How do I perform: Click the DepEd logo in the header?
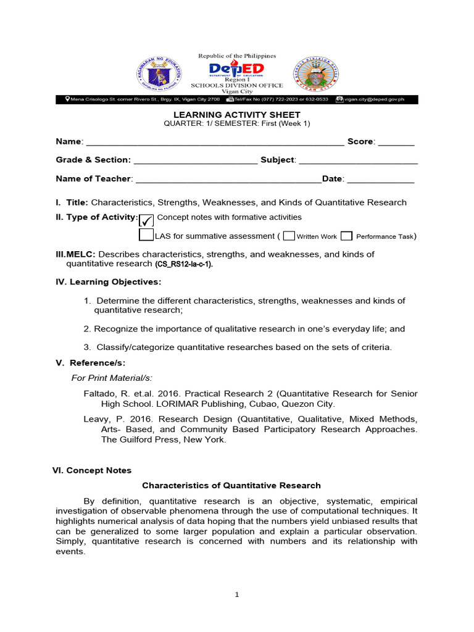[236, 69]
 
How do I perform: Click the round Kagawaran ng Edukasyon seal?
[159, 76]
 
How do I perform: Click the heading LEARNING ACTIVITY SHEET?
[237, 115]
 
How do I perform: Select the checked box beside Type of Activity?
[146, 220]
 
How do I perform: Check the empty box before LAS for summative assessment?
[146, 235]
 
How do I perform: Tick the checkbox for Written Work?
[289, 236]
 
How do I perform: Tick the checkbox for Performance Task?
[347, 236]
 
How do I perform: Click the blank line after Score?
[396, 143]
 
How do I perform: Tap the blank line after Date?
[380, 180]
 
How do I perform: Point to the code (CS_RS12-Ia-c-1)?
[183, 264]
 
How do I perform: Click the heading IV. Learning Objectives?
[109, 282]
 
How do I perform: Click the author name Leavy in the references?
[96, 419]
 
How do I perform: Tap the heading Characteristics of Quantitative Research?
[231, 486]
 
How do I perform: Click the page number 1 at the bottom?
[236, 595]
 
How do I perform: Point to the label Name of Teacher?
[94, 179]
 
